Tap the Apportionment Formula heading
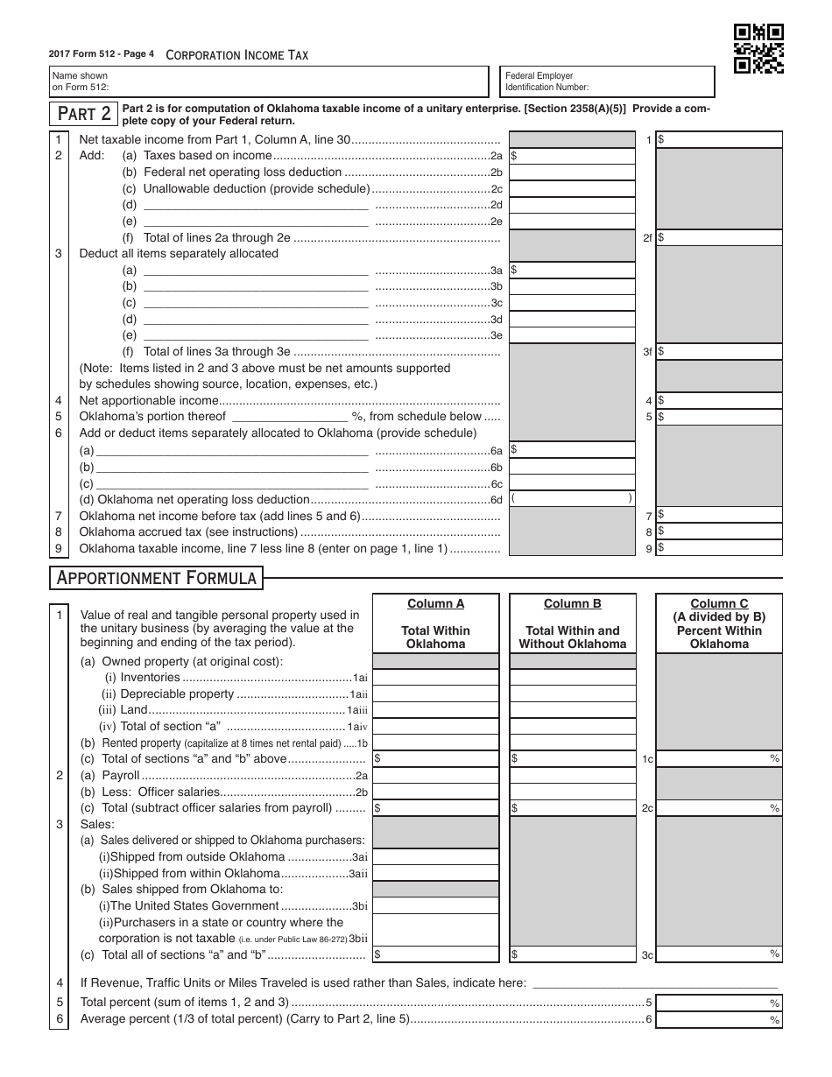(x=157, y=578)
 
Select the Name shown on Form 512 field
(x=269, y=82)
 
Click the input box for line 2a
(x=572, y=156)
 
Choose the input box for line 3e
(x=572, y=335)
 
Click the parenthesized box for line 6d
(x=572, y=498)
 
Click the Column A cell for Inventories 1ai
(x=436, y=678)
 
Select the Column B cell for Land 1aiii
(x=573, y=710)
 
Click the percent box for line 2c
(x=719, y=808)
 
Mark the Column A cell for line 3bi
(x=436, y=905)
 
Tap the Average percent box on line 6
(x=719, y=1019)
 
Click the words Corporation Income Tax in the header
(x=236, y=55)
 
